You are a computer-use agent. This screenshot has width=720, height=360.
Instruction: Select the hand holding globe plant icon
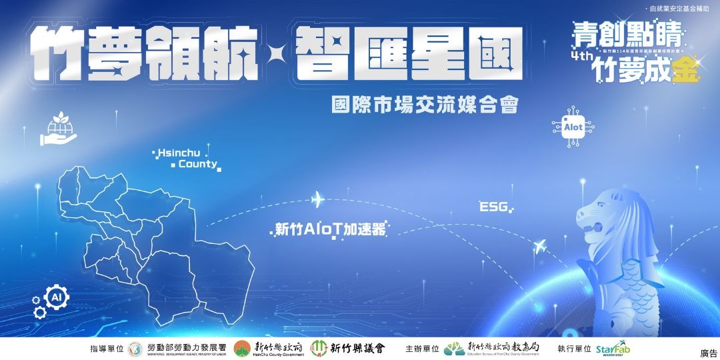pyautogui.click(x=58, y=130)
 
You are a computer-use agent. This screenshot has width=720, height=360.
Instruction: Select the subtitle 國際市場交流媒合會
pyautogui.click(x=425, y=105)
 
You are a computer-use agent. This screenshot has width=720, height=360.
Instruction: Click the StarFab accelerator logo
pyautogui.click(x=613, y=349)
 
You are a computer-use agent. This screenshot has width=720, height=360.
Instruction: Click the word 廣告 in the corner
pyautogui.click(x=708, y=353)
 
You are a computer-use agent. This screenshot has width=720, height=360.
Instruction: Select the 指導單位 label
pyautogui.click(x=107, y=349)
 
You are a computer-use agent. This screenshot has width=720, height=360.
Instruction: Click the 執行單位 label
pyautogui.click(x=574, y=349)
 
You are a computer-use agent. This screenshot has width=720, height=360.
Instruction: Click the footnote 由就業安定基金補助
pyautogui.click(x=681, y=9)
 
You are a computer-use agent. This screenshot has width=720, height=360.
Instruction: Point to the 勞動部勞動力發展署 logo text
pyautogui.click(x=186, y=348)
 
